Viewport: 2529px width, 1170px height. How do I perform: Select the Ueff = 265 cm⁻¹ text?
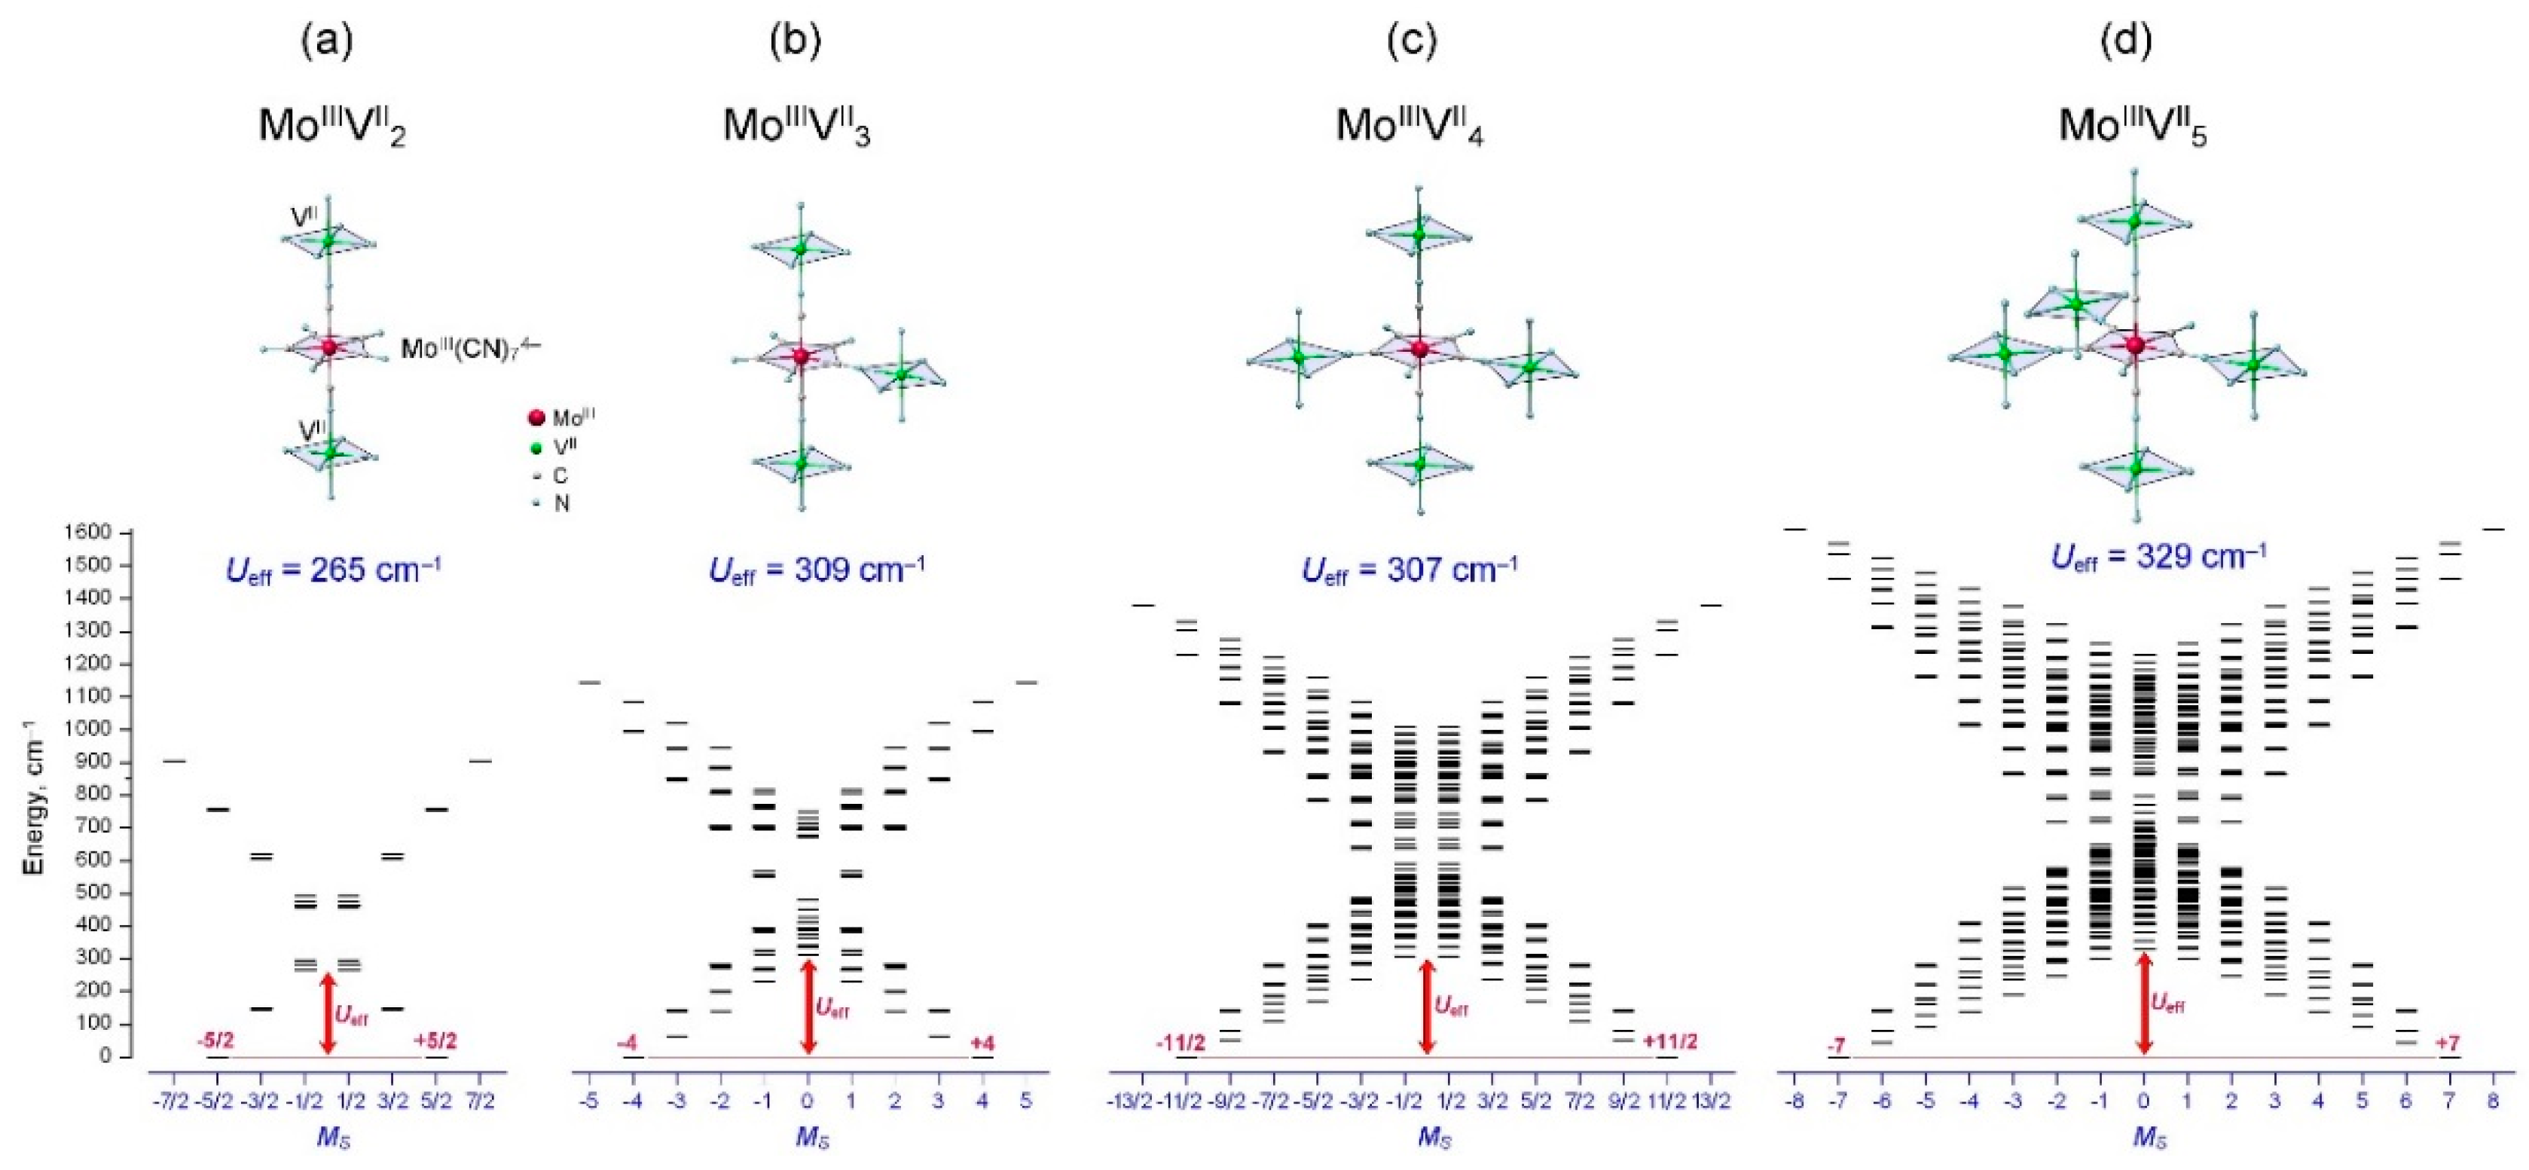(334, 570)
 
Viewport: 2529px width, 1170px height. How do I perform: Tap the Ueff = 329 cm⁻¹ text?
(2160, 557)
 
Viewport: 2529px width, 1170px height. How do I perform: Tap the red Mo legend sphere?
(536, 418)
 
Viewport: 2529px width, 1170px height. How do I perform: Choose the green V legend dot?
(536, 448)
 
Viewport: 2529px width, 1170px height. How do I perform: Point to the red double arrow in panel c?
(1427, 1007)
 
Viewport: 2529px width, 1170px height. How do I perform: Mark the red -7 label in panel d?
(1836, 1044)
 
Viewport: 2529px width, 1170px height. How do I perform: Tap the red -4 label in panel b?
(628, 1043)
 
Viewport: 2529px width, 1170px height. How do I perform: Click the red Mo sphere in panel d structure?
(2134, 344)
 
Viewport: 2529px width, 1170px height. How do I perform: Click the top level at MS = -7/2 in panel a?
(174, 761)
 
